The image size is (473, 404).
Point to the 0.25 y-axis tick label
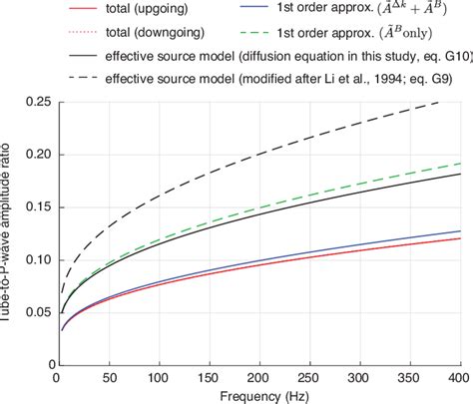(34, 100)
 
